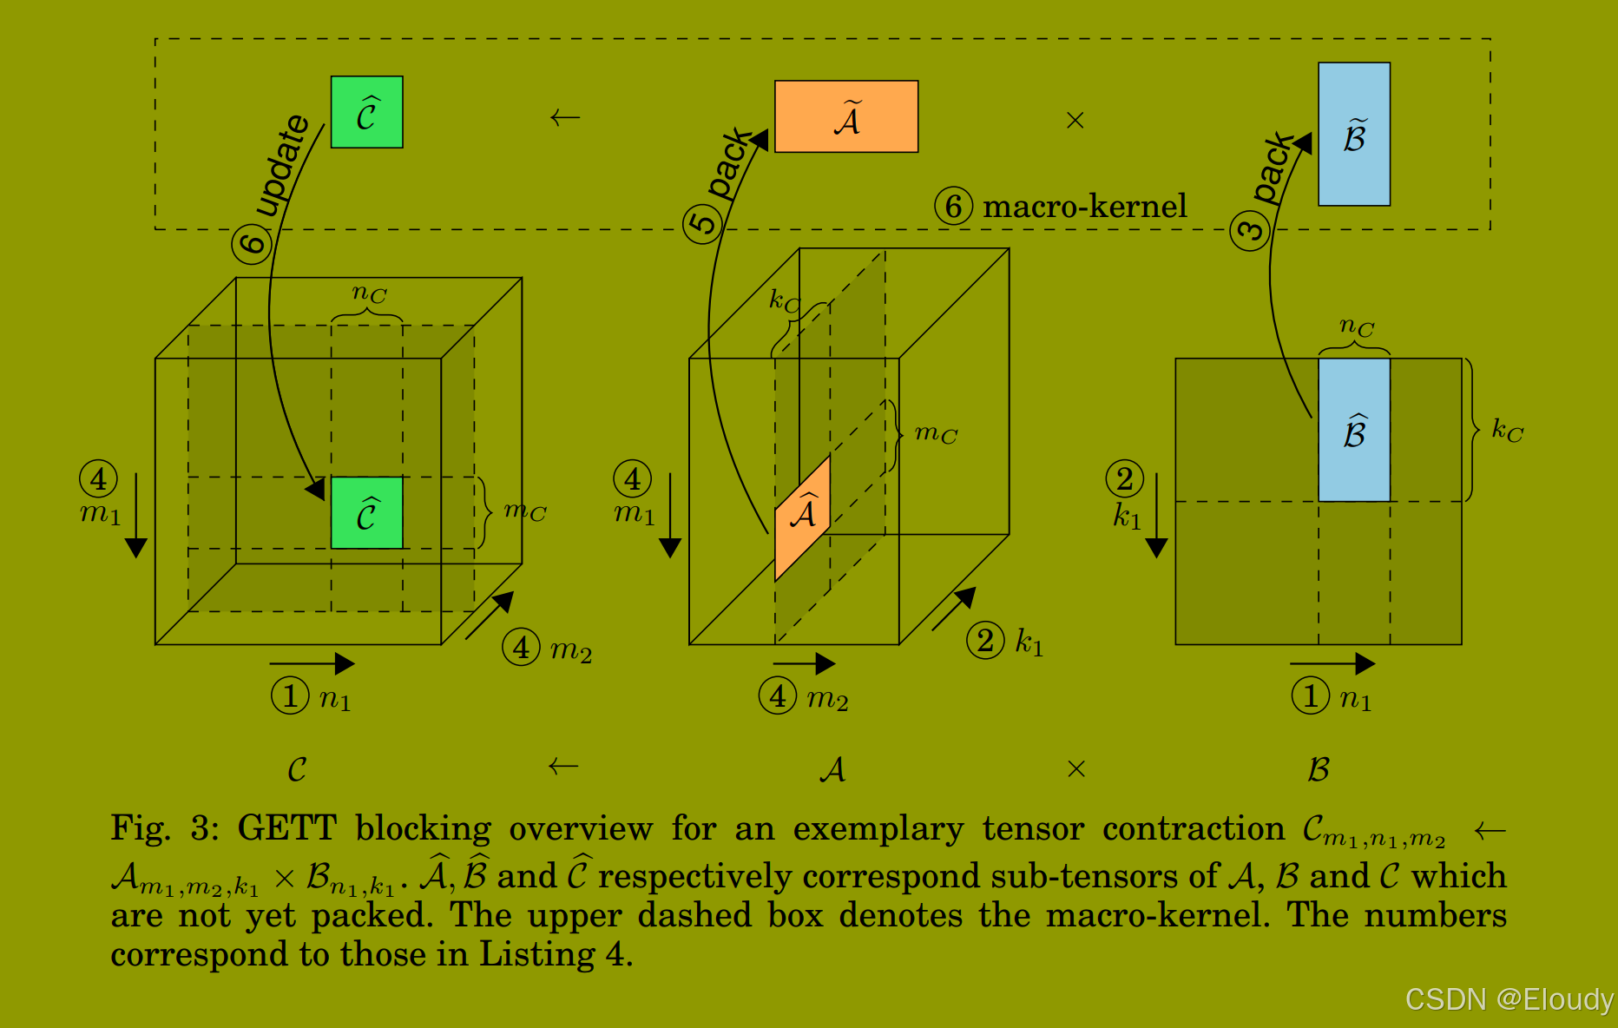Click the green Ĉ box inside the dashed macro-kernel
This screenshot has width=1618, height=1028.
pos(366,112)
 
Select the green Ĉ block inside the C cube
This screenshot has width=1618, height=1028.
pos(366,512)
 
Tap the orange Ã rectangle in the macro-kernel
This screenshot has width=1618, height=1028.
pos(846,116)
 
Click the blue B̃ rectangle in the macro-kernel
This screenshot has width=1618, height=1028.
pos(1354,134)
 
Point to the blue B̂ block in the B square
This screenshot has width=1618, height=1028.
pos(1354,430)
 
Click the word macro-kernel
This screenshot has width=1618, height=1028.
pos(1084,207)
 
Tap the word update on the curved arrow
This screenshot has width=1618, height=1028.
pos(283,164)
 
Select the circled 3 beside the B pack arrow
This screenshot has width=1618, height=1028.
pos(1250,231)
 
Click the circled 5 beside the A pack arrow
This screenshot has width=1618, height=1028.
pos(702,223)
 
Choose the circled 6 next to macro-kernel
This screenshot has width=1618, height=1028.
pos(953,207)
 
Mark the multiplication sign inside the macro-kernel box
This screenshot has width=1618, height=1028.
pos(1075,120)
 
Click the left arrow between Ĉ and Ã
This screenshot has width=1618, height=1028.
pos(565,117)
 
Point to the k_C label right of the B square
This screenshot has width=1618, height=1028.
pos(1507,430)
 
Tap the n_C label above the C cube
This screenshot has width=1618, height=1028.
pos(369,293)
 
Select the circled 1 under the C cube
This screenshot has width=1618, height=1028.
pos(290,695)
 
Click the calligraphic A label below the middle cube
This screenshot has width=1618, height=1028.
pos(832,769)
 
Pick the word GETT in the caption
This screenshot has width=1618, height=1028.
pos(286,828)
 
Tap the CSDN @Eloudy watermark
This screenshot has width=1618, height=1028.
pos(1509,999)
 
